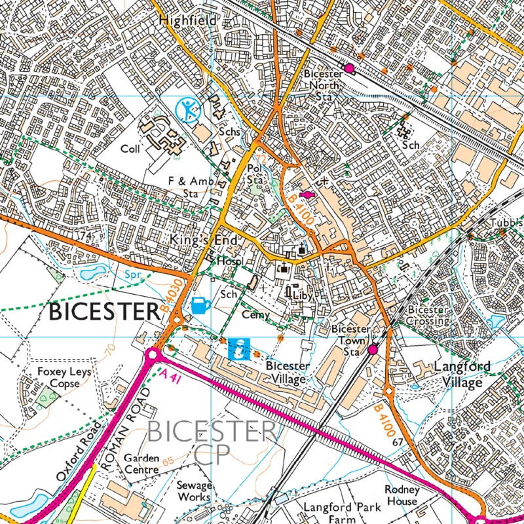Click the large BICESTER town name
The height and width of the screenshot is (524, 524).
coord(104,312)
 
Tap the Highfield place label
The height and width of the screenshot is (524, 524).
coord(187,21)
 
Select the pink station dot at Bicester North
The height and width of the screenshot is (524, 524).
coord(349,68)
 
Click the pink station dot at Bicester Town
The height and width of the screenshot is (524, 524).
coord(373,350)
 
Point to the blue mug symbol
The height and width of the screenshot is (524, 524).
coord(200,305)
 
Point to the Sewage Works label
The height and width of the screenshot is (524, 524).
coord(195,491)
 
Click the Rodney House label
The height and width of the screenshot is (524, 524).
coord(401,495)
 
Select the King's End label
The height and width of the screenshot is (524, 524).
coord(202,241)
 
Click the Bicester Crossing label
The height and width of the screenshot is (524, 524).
coord(428,315)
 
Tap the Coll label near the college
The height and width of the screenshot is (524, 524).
coord(130,149)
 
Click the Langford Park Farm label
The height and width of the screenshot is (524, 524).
coord(341,513)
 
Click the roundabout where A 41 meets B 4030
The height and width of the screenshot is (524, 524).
coord(153,354)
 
